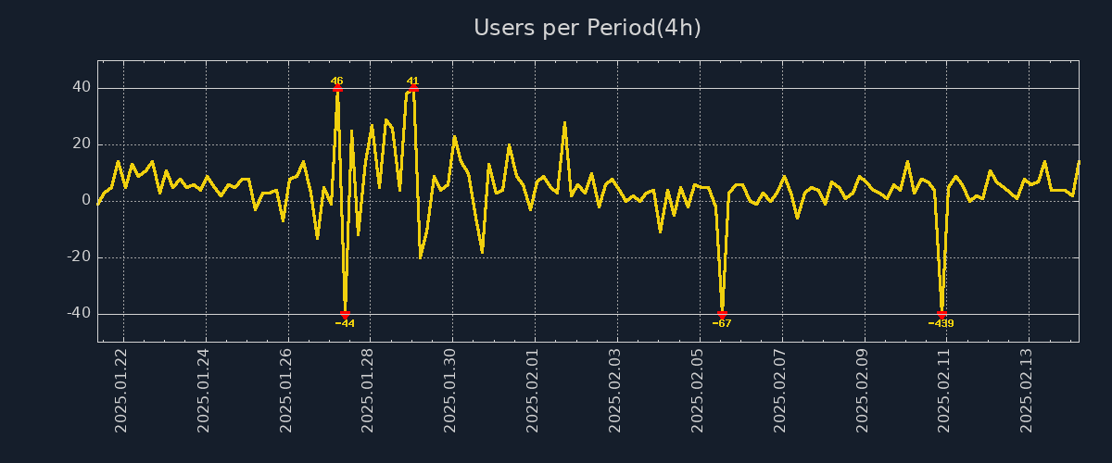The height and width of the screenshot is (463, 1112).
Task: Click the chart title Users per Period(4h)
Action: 588,28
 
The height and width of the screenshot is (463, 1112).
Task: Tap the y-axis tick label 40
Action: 81,88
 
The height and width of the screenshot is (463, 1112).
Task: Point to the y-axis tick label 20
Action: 81,144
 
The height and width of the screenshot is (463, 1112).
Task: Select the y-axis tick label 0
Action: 85,201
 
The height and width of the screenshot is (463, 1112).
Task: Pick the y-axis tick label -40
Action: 78,314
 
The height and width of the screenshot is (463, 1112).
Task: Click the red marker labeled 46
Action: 337,89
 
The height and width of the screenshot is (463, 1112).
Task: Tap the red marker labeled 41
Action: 413,89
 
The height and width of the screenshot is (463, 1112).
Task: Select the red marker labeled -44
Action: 345,315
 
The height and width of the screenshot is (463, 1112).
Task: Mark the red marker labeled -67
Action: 722,314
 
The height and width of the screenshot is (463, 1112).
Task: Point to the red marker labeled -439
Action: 941,314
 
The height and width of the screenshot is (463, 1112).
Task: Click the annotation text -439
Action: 941,324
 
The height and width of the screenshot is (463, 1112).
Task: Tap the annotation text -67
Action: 722,324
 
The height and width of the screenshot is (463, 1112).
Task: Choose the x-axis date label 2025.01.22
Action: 121,390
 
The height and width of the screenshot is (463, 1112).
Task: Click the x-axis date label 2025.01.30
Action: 450,390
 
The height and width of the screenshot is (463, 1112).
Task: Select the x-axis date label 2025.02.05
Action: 697,390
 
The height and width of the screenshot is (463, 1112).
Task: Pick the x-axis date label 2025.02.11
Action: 943,390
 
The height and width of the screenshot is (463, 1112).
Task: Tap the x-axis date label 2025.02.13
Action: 1026,390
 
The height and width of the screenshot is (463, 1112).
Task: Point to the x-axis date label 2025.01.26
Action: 286,390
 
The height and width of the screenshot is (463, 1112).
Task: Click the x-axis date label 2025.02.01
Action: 533,390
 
